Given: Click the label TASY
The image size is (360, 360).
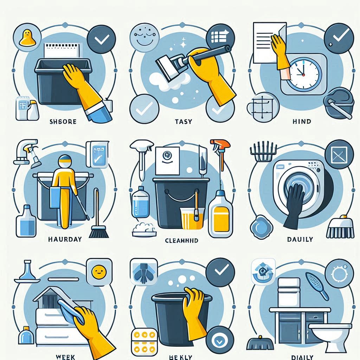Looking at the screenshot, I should pyautogui.click(x=184, y=121).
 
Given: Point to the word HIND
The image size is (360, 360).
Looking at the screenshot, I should pyautogui.click(x=302, y=121).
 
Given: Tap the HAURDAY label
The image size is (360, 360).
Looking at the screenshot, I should pyautogui.click(x=65, y=239).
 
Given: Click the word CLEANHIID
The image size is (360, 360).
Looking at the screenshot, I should pyautogui.click(x=181, y=241).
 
